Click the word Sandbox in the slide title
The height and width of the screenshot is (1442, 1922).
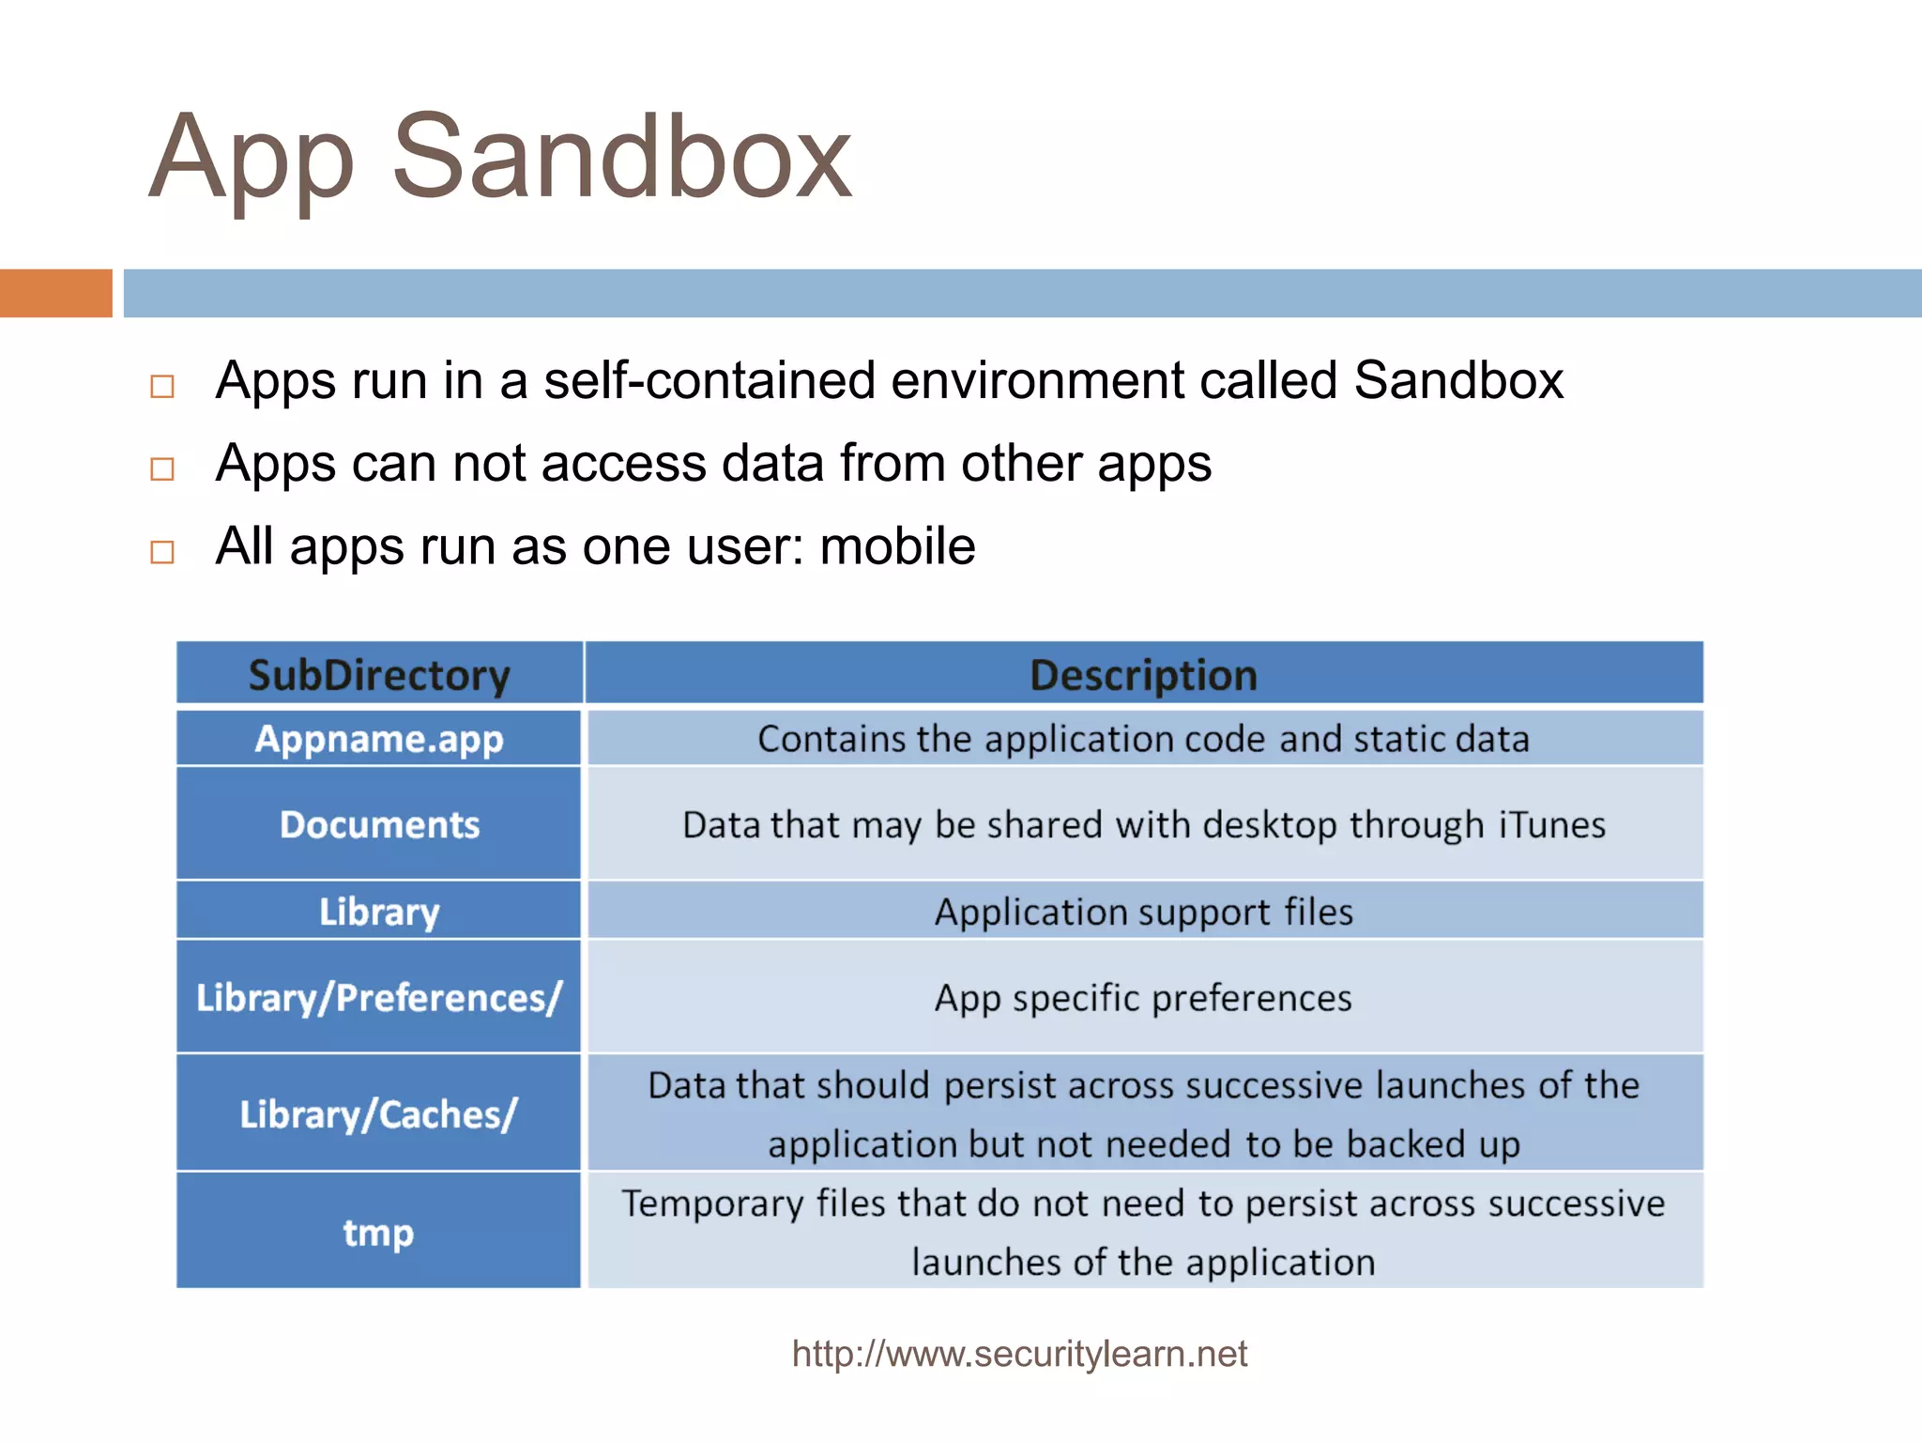[x=621, y=158]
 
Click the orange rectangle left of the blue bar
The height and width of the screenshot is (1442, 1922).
[x=55, y=293]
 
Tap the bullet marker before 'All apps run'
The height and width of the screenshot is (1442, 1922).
[x=162, y=551]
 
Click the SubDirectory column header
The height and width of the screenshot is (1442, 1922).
[x=379, y=675]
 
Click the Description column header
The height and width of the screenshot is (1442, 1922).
[x=1143, y=675]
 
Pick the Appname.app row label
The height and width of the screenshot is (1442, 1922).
[x=379, y=739]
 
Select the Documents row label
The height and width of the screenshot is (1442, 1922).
[x=379, y=824]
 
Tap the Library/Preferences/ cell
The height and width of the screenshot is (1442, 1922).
[x=379, y=997]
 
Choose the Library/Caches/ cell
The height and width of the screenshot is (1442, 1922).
[x=379, y=1114]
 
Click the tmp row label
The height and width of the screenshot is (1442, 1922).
[x=379, y=1232]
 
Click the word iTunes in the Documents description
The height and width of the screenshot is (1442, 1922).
[x=1552, y=824]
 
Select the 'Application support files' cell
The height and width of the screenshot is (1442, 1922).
[x=1143, y=912]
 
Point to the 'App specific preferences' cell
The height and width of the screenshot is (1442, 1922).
[x=1143, y=997]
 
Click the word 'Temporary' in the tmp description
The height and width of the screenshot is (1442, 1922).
[x=711, y=1204]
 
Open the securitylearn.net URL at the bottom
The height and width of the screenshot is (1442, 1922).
[x=1019, y=1354]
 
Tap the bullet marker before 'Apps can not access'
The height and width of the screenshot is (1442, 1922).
[x=162, y=468]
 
